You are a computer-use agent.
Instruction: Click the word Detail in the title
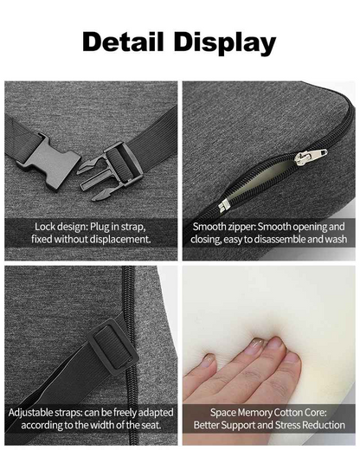(x=123, y=42)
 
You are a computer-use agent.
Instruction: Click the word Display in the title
(x=225, y=43)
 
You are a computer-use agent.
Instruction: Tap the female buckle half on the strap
(x=49, y=162)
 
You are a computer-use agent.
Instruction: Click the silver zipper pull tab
(x=311, y=157)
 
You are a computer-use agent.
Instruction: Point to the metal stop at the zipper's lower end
(x=223, y=205)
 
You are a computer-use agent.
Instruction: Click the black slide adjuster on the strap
(x=112, y=346)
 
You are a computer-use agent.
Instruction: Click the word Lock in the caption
(x=46, y=227)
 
